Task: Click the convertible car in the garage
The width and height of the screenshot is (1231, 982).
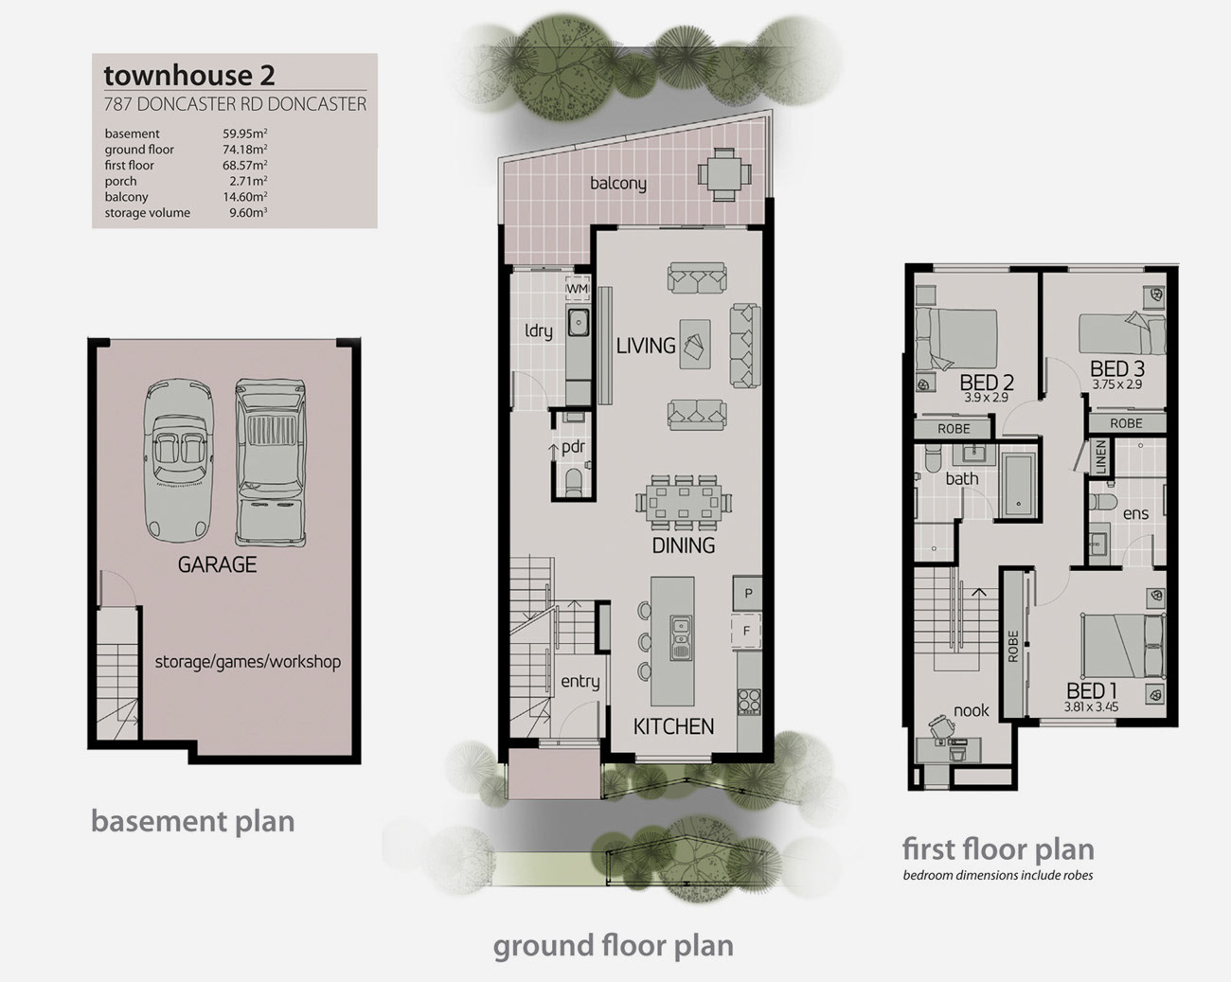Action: click(179, 460)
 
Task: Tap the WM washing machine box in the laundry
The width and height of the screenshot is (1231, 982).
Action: click(578, 289)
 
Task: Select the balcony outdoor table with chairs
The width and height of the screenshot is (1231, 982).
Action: click(724, 174)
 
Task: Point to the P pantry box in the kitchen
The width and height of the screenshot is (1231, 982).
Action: click(748, 593)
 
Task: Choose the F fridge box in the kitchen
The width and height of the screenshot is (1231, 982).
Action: click(746, 631)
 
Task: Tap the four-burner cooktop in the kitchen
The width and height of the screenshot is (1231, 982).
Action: click(749, 701)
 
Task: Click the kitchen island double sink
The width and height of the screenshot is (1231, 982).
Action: click(681, 638)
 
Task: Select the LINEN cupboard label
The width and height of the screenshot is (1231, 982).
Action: click(1100, 456)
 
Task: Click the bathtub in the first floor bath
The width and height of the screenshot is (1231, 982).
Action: click(1018, 485)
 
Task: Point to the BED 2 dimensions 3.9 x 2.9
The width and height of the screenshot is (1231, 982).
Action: click(986, 397)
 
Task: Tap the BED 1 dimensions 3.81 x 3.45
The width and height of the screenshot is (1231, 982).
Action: click(1091, 706)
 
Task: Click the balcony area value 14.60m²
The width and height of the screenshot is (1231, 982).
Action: click(245, 196)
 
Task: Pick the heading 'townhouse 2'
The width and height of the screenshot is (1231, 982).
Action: click(189, 75)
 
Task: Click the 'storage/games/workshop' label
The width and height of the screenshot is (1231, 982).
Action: click(248, 662)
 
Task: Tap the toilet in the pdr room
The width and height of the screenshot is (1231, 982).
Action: click(573, 482)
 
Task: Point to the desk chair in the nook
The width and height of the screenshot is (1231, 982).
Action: click(943, 726)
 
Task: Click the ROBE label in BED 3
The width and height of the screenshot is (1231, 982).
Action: click(1126, 423)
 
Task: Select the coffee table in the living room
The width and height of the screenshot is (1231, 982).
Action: click(695, 344)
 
